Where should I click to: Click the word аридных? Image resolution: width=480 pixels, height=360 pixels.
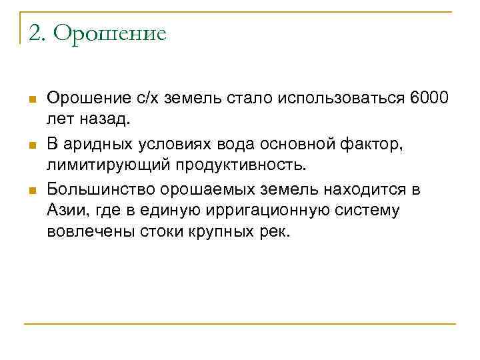point(95,144)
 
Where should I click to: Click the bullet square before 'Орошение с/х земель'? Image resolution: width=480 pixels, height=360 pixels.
point(31,100)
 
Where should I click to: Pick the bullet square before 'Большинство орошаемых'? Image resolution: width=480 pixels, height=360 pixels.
point(31,191)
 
